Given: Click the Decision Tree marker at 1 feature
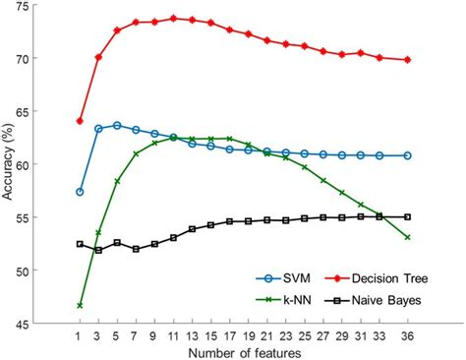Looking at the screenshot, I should click(x=80, y=121).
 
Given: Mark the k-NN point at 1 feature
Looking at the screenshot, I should click(x=80, y=305).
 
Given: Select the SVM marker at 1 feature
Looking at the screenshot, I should click(x=80, y=192).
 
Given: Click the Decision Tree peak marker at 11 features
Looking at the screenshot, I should click(x=173, y=19).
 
